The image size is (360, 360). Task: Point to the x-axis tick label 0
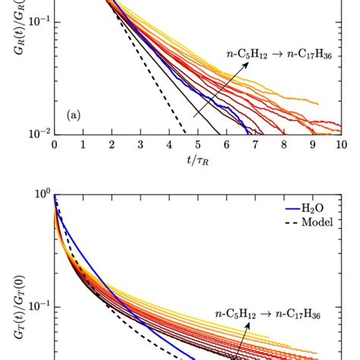[x=54, y=144]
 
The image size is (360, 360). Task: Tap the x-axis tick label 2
[x=111, y=144]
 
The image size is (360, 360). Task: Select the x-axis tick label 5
[x=197, y=144]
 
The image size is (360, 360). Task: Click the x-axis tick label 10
[x=340, y=144]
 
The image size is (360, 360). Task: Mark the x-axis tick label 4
[x=169, y=144]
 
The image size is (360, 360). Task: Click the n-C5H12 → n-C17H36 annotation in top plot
[x=280, y=54]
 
